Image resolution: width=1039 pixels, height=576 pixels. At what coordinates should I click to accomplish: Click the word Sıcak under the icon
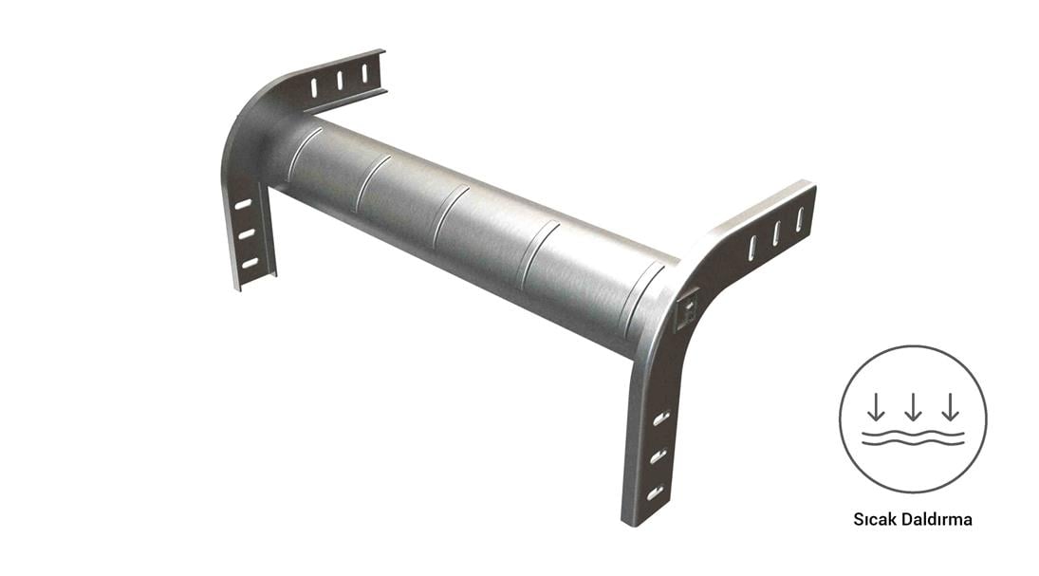[874, 519]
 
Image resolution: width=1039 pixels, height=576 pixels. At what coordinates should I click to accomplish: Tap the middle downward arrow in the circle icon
[913, 407]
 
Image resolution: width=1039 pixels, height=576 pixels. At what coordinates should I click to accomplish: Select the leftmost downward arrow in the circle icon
[876, 407]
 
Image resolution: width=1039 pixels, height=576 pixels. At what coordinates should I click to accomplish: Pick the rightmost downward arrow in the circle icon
[950, 407]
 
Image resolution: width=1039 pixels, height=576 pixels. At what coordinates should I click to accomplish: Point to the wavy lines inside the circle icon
[913, 437]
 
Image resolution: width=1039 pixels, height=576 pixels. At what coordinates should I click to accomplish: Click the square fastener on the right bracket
[687, 310]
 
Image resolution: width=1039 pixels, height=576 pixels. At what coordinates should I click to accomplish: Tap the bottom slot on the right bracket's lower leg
[655, 492]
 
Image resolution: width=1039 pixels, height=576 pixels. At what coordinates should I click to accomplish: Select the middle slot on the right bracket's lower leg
[658, 456]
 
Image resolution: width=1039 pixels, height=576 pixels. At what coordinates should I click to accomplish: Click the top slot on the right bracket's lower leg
[660, 418]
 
